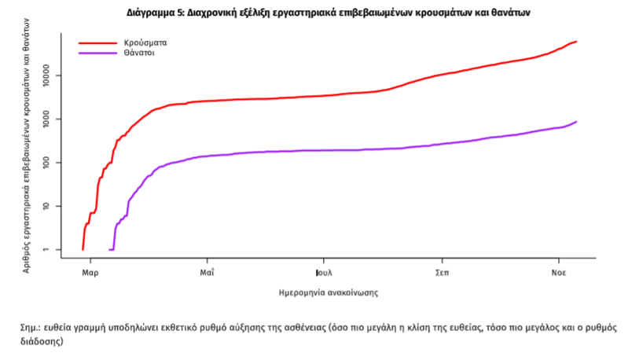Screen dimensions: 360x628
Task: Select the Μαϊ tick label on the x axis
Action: pyautogui.click(x=207, y=274)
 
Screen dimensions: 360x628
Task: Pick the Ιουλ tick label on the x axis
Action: pyautogui.click(x=322, y=274)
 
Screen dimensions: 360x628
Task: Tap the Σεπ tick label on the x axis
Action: pyautogui.click(x=442, y=274)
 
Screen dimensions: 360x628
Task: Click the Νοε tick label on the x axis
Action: pyautogui.click(x=559, y=274)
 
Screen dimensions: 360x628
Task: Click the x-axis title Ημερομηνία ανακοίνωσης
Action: pyautogui.click(x=329, y=292)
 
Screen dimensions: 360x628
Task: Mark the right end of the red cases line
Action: pyautogui.click(x=576, y=42)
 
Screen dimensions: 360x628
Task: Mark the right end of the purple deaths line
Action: pyautogui.click(x=576, y=122)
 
